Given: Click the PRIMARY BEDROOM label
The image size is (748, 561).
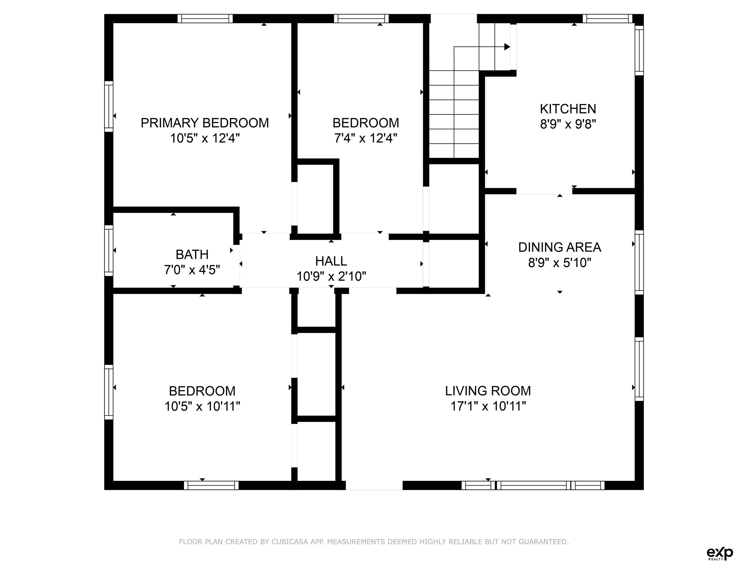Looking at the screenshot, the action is point(205,123).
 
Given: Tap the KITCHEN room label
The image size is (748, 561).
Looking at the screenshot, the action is point(568,109).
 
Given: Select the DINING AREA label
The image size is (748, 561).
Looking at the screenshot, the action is point(560,247).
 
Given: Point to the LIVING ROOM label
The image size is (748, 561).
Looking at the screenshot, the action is point(488,391).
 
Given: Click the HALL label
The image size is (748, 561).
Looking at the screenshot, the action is point(331,261).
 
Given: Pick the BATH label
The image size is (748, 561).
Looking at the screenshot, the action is point(192,254).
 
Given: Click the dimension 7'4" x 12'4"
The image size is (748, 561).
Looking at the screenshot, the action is point(365,138).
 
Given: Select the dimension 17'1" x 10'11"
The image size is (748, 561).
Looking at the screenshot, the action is point(488,406).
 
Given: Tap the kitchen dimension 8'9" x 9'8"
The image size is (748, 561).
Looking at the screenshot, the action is point(568,124).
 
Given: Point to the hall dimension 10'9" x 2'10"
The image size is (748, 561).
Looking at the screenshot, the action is point(331,277).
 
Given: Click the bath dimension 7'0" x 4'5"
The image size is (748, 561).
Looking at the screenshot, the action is point(192,270).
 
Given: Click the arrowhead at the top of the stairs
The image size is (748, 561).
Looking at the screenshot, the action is point(507,47).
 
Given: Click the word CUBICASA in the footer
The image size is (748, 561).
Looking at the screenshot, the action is point(290,542).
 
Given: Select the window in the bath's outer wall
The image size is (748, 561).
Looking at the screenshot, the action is point(109,251).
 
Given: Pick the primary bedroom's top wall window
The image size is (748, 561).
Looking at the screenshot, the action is point(205,19).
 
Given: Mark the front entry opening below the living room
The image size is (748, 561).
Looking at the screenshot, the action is point(374,485).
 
